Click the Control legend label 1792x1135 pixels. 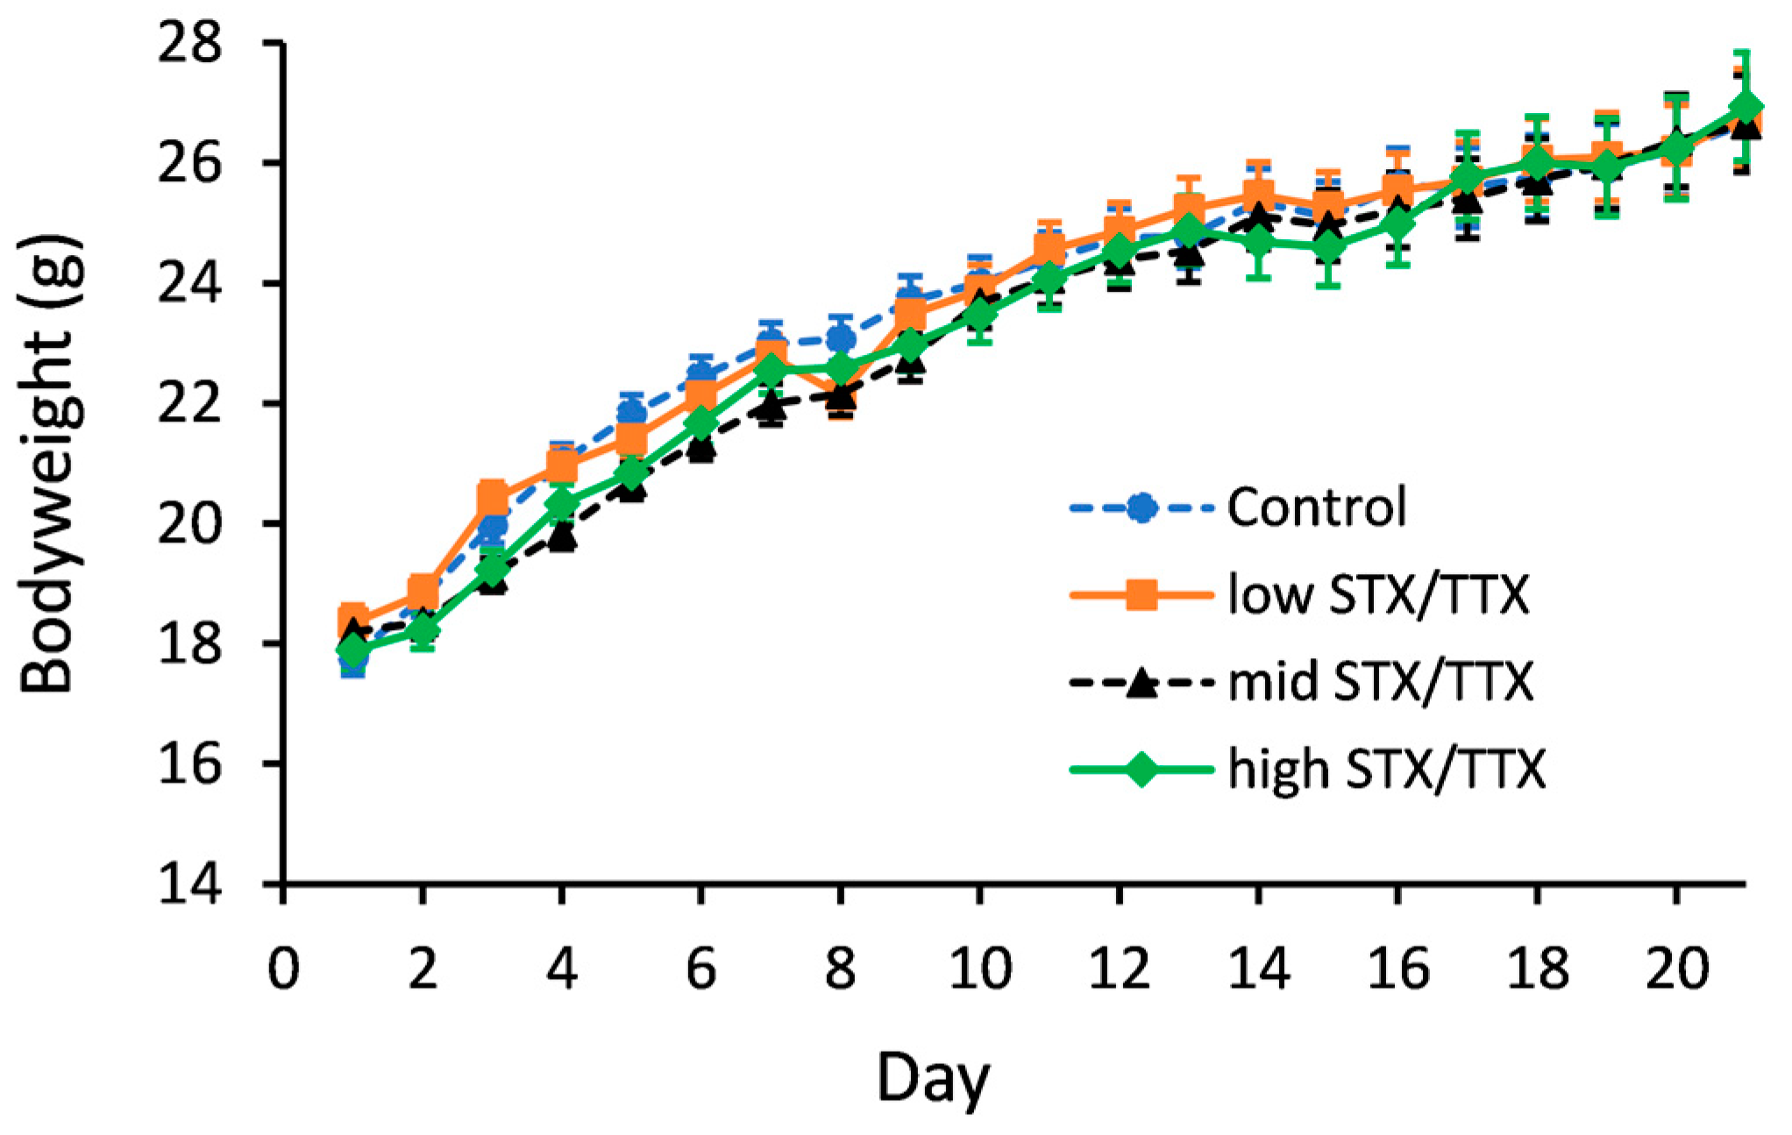tap(1316, 507)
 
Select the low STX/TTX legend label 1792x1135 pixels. tap(1378, 595)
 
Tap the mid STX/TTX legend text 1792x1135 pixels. tap(1381, 682)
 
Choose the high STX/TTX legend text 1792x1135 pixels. tap(1386, 770)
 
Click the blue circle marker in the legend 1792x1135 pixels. tap(1141, 507)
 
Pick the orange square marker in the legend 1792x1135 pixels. tap(1141, 596)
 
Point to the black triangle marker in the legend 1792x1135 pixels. tap(1141, 682)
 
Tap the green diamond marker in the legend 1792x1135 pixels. tap(1141, 770)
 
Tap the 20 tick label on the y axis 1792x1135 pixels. tap(189, 523)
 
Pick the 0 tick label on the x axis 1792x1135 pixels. tap(283, 969)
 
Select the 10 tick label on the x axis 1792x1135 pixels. tap(979, 969)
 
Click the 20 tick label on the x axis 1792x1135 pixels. tap(1676, 969)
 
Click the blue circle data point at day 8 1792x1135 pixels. tap(841, 337)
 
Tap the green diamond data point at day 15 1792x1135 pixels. tap(1328, 248)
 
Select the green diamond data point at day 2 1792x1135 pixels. tap(423, 629)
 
